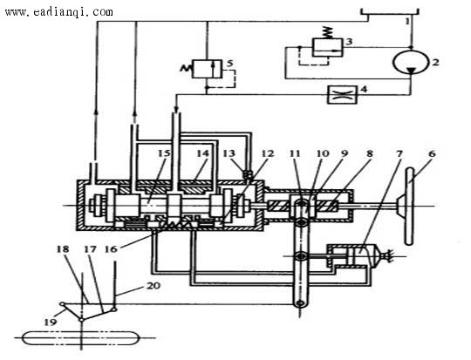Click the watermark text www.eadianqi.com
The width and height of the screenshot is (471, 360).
coord(59,12)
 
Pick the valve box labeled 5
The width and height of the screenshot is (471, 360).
coord(207,69)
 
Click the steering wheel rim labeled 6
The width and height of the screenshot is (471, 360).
coord(409,206)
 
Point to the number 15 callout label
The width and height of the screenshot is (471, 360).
coord(164,153)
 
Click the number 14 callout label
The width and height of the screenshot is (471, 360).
coord(202,153)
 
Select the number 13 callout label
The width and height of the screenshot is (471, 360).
coord(229,153)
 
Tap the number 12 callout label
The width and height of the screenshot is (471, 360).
coord(268,153)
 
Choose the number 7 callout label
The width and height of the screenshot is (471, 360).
coord(399,153)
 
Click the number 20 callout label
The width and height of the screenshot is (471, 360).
coord(154,286)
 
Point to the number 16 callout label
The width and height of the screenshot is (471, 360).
coord(111,249)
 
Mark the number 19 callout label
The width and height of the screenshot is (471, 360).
coord(51,323)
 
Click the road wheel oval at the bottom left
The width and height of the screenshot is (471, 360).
coord(80,338)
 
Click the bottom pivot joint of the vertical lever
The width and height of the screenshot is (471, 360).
coord(300,303)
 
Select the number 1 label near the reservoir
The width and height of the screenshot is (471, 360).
coord(407,21)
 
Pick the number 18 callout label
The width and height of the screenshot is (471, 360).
coord(63,249)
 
